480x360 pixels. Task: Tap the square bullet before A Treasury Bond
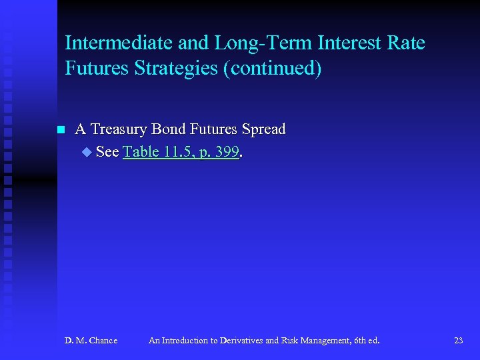coord(61,129)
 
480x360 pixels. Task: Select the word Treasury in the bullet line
coord(119,129)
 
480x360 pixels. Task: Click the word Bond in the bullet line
coord(170,129)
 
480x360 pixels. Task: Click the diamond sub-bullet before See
coord(85,153)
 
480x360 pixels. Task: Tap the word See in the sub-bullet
coord(107,152)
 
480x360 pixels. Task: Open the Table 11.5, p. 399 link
coord(181,152)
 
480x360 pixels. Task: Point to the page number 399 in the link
coord(226,152)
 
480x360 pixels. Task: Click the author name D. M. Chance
coord(91,341)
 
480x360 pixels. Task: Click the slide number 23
coord(458,341)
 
